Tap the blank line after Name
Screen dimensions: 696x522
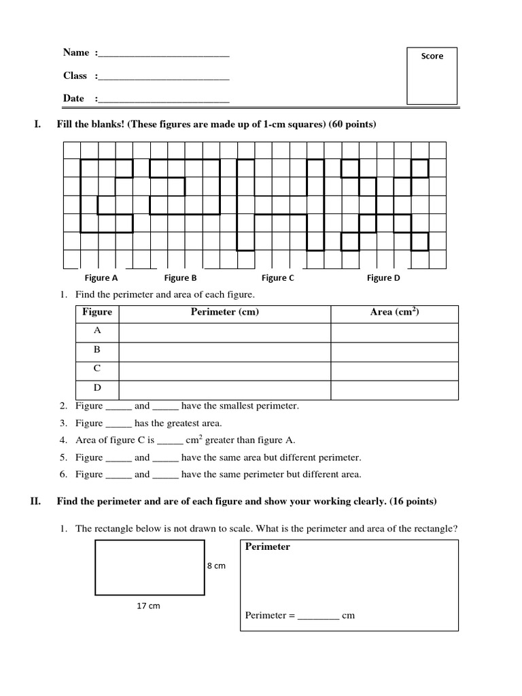pos(164,54)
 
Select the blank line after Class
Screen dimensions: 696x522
pos(164,77)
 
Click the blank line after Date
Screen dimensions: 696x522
pos(164,100)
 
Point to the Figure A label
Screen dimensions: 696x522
pos(101,277)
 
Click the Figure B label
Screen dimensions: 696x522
pos(181,277)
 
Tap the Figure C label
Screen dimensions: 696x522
pos(278,277)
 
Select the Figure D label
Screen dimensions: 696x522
pos(383,277)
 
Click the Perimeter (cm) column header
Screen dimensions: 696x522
pos(225,312)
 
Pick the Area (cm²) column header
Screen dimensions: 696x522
pos(394,312)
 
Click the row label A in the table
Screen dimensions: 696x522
pos(97,330)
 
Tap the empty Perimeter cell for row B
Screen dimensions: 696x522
pos(225,350)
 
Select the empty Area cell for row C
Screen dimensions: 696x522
pos(394,369)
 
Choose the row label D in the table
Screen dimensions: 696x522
pos(97,388)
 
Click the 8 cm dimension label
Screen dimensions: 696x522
pos(215,566)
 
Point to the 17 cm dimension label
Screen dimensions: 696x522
pos(148,606)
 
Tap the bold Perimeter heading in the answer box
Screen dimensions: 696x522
pos(268,546)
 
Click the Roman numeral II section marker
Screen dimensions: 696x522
pos(36,502)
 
